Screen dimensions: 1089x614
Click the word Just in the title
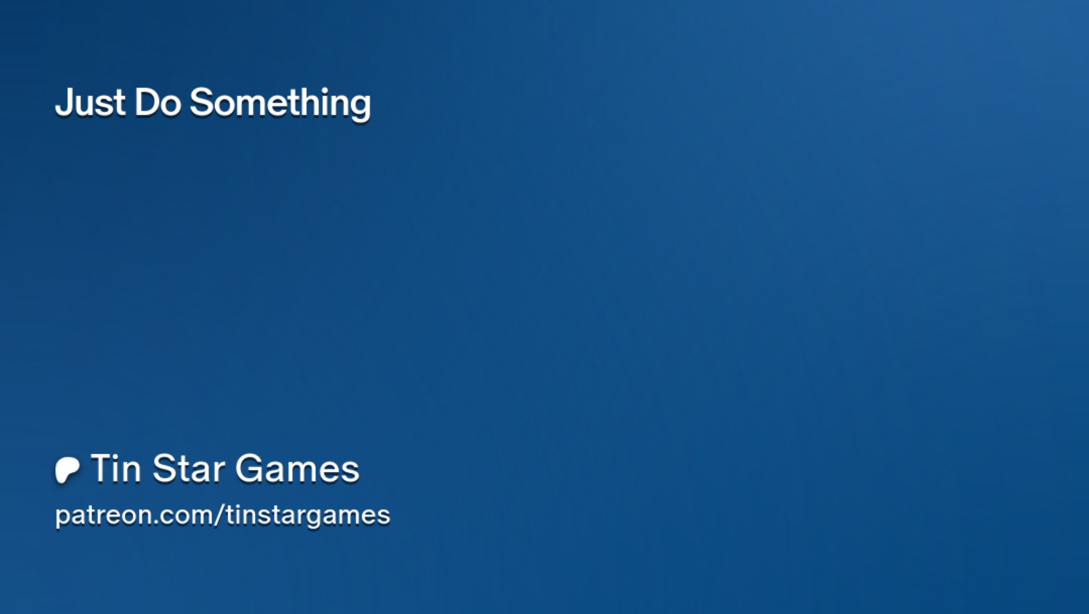90,102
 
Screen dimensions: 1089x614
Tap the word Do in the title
158,102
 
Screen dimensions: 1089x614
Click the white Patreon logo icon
68,470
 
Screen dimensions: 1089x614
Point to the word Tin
117,468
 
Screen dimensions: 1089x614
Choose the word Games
297,469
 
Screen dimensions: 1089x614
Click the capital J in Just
64,102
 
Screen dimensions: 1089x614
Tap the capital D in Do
147,102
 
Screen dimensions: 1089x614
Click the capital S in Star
165,468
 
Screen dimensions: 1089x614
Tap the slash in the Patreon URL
219,515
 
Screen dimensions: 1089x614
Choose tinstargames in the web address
308,516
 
